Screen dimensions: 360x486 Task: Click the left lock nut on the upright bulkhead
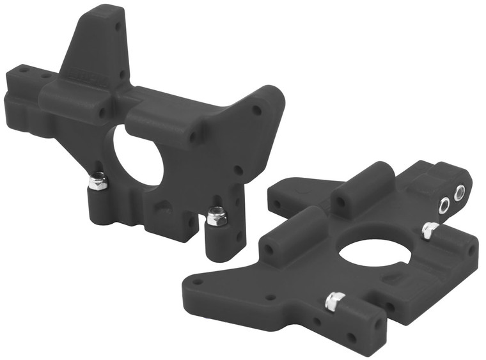(98, 181)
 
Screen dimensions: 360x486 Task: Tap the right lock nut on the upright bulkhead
(217, 217)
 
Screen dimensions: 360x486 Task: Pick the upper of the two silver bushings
(459, 192)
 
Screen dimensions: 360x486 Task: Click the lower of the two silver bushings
(443, 205)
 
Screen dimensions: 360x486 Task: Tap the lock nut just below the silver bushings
(430, 230)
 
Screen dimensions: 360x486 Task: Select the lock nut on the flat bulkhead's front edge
(333, 301)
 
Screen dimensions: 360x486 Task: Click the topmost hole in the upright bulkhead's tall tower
(117, 27)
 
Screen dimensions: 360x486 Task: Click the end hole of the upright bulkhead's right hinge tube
(192, 136)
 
